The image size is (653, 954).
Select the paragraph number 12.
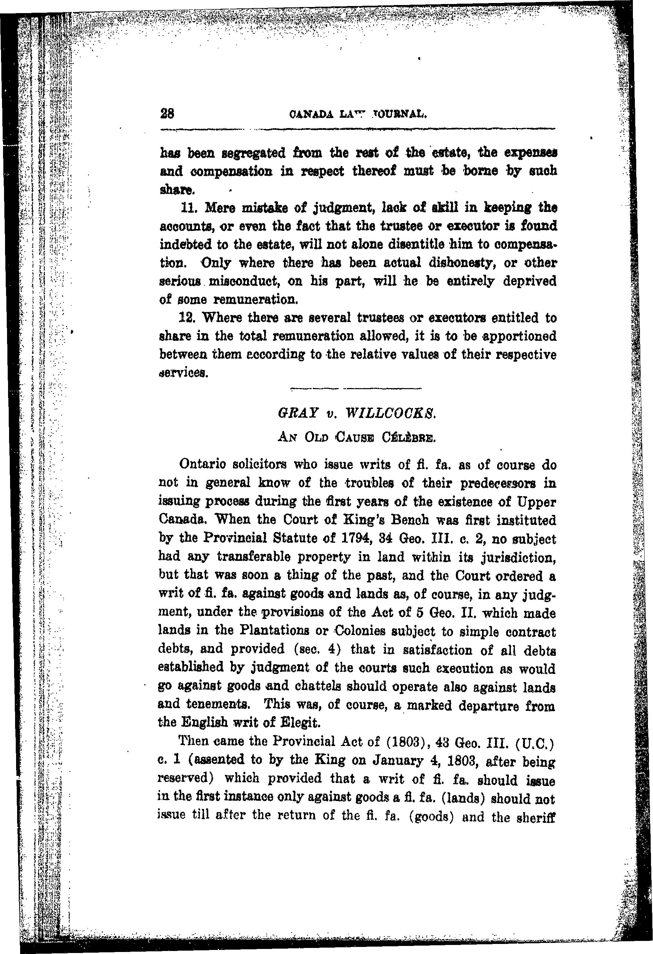189,318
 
